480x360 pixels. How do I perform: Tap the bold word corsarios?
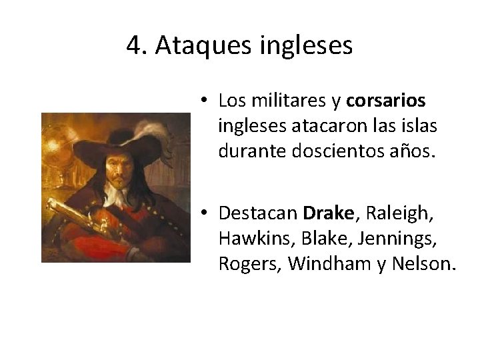click(x=385, y=101)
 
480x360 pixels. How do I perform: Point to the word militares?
click(x=282, y=101)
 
